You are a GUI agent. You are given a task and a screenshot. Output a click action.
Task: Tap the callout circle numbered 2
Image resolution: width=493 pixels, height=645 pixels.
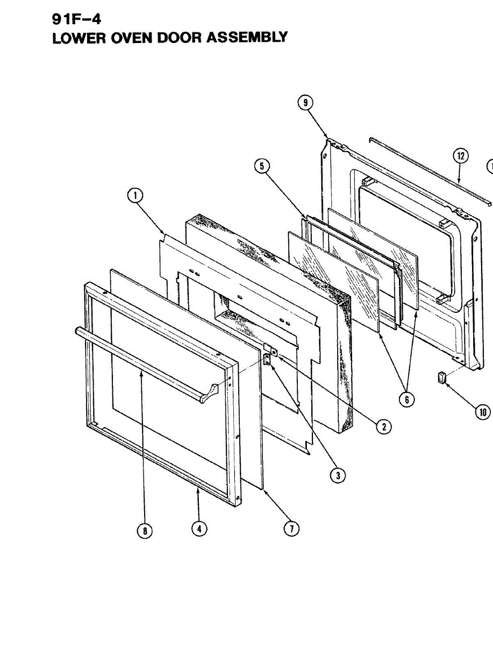click(x=383, y=427)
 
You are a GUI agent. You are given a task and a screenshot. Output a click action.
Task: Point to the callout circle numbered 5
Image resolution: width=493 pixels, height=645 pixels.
click(x=262, y=166)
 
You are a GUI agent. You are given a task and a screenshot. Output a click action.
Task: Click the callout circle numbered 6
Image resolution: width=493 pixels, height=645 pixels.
click(x=406, y=399)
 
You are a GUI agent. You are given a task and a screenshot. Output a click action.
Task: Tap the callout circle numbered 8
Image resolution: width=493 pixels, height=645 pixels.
click(x=144, y=531)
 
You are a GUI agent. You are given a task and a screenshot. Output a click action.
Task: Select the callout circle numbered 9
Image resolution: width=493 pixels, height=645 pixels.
click(x=305, y=103)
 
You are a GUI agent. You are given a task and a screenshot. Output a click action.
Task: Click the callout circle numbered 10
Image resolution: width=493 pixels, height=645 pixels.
click(x=482, y=412)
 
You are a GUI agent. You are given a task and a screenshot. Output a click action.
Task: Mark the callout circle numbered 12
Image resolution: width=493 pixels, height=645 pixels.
click(x=460, y=156)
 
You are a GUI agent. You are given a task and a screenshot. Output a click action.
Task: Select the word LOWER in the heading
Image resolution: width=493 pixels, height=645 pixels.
click(x=76, y=38)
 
